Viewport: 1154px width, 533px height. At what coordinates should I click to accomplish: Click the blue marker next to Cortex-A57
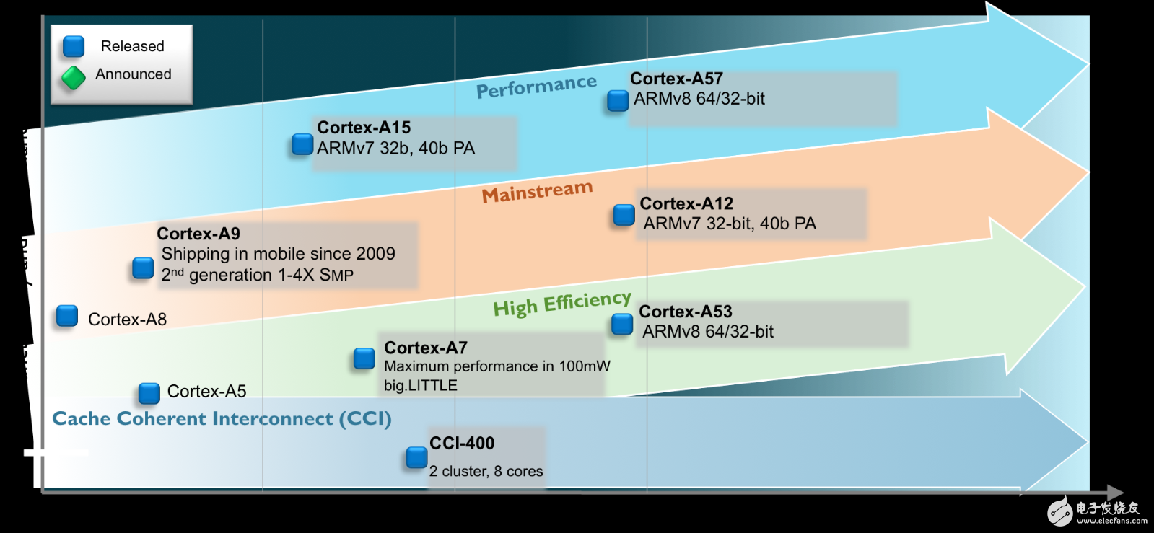pos(618,101)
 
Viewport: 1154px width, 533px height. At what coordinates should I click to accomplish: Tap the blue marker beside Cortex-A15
pos(302,145)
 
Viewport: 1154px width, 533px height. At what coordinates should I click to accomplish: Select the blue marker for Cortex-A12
pos(624,215)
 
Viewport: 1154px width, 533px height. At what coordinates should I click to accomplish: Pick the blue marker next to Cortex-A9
pos(143,268)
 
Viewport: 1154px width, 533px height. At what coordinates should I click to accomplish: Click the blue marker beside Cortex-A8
pos(67,316)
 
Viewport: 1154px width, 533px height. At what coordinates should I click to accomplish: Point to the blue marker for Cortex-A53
pos(622,325)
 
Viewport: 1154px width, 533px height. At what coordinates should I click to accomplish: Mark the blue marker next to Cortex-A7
pos(364,358)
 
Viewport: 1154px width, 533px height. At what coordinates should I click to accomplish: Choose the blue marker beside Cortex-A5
pos(149,393)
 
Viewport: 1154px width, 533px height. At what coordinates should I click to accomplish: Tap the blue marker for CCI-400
pos(416,457)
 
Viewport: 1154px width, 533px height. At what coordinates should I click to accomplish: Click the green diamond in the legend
pos(74,78)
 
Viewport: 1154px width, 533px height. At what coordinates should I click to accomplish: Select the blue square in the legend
pos(74,47)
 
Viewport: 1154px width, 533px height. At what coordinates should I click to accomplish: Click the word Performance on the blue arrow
pos(536,87)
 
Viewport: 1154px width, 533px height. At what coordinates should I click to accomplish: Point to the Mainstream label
pos(537,192)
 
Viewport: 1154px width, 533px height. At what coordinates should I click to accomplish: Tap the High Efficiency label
pos(562,304)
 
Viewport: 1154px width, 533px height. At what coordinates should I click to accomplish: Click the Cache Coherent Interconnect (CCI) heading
pos(222,419)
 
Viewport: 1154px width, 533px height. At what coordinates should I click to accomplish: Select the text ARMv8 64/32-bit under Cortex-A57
pos(699,99)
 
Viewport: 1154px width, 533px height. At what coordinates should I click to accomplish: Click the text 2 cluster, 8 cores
pos(486,472)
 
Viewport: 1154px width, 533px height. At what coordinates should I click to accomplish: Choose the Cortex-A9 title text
pos(198,234)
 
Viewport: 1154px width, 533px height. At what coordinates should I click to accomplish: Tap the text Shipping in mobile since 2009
pos(278,254)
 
